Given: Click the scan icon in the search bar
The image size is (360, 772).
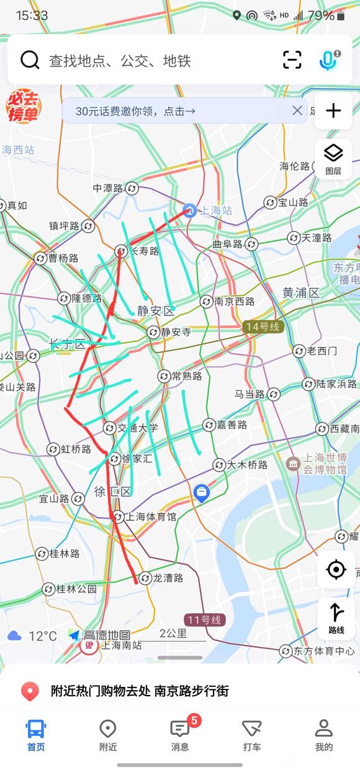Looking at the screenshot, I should point(292,60).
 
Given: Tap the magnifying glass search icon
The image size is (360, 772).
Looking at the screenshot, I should point(30,60).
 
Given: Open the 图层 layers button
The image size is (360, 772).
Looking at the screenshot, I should point(333,158).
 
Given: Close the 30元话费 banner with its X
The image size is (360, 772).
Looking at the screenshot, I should point(297,110).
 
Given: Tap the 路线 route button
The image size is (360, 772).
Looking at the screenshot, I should point(336,618).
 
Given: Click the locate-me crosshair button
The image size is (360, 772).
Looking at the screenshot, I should point(336,569).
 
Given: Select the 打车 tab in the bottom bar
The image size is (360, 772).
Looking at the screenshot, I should point(251,735).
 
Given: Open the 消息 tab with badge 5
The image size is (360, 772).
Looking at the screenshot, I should point(180,735).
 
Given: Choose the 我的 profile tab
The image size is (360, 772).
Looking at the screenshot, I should point(323,735).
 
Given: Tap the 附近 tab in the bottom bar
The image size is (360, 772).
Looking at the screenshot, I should point(108,735).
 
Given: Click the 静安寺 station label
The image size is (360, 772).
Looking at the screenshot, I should point(176,332).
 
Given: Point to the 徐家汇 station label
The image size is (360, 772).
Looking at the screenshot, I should point(137,459).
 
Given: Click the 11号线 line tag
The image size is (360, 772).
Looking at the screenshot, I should point(204,619).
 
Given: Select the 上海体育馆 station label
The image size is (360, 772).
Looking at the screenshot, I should point(151,516).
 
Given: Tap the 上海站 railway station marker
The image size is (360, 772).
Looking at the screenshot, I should point(190,210).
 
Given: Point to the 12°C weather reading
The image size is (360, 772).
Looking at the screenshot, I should point(42,636).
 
